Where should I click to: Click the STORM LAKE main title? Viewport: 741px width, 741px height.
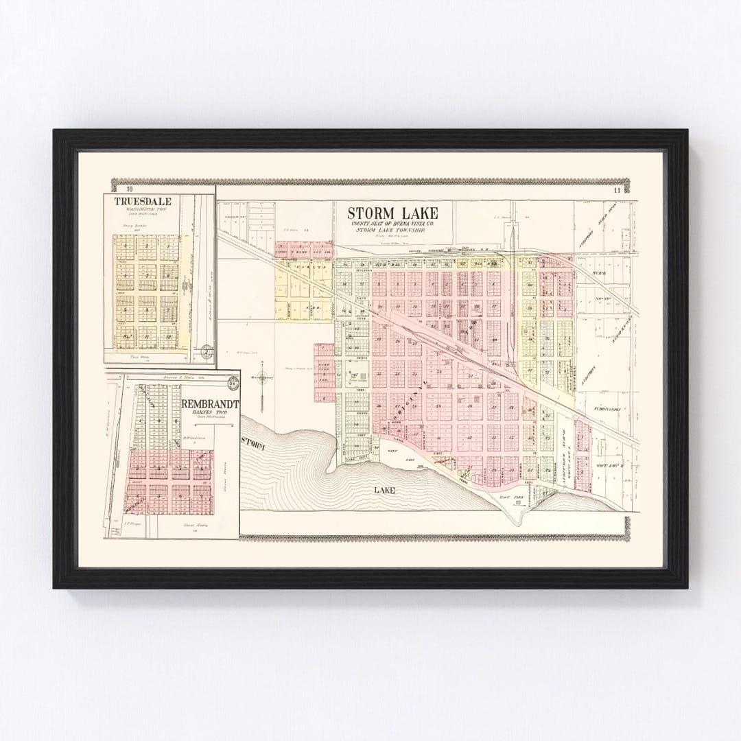click(392, 213)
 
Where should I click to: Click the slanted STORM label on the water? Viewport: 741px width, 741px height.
click(253, 446)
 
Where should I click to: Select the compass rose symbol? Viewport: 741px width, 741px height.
click(261, 376)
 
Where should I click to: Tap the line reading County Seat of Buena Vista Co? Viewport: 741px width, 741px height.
click(392, 224)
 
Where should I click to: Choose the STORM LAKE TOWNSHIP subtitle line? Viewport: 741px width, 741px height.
click(392, 231)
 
